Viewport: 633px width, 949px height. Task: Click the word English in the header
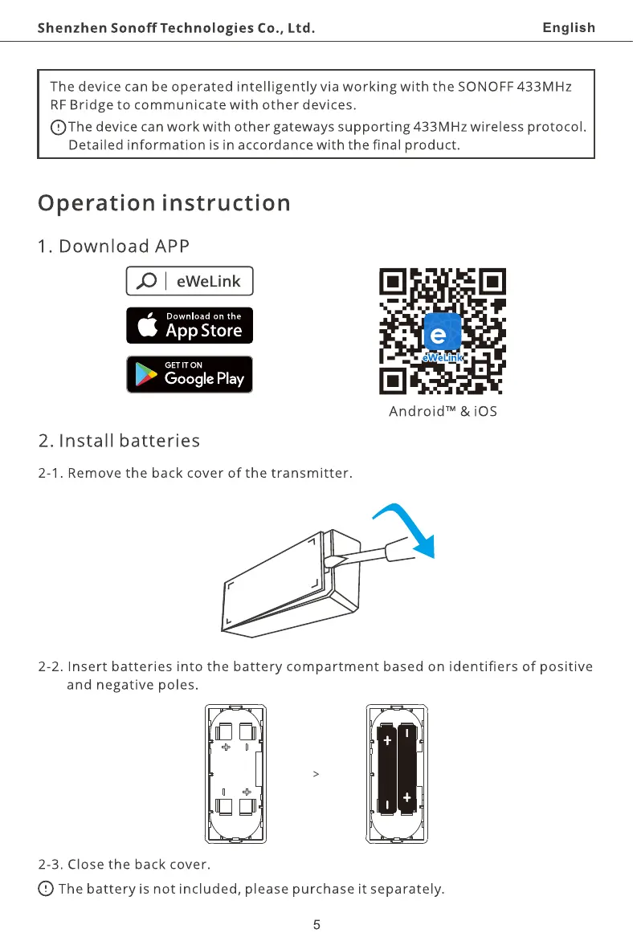[x=569, y=28]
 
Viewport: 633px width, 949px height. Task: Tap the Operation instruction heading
[x=164, y=202]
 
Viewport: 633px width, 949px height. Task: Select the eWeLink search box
[x=190, y=281]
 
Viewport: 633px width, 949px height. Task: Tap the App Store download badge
[x=190, y=325]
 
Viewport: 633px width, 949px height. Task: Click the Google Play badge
[x=190, y=374]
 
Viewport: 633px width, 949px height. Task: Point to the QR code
[x=443, y=332]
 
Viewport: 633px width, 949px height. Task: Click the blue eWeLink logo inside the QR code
[x=443, y=335]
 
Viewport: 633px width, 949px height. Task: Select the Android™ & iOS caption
[x=443, y=412]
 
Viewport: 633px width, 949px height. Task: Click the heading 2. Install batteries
[x=120, y=441]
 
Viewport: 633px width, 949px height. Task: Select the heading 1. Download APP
[x=113, y=246]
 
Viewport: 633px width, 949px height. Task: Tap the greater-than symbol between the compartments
[x=316, y=774]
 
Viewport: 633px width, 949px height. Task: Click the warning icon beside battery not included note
[x=46, y=888]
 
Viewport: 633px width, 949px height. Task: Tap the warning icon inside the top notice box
[x=59, y=127]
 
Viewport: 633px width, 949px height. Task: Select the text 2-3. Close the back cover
[x=125, y=865]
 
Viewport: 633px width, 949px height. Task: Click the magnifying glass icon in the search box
[x=147, y=281]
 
